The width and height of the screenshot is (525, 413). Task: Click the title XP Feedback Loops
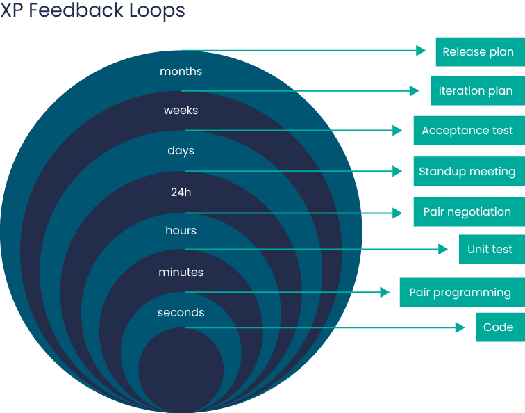click(x=92, y=11)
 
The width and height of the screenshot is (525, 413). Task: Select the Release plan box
click(x=479, y=51)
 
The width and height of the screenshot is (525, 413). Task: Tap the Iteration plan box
click(x=476, y=91)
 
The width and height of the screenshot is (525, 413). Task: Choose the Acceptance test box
click(x=468, y=131)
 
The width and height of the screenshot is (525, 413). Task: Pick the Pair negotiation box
click(x=468, y=212)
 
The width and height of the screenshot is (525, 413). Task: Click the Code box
click(x=499, y=327)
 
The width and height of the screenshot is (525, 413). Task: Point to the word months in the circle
click(x=181, y=71)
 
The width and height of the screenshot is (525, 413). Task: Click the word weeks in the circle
click(x=181, y=111)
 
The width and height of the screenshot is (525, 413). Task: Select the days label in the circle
click(x=181, y=151)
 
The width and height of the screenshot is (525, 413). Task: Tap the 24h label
click(x=181, y=192)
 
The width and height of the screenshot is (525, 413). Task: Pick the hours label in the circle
click(x=181, y=230)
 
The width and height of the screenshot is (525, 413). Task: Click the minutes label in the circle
click(x=181, y=272)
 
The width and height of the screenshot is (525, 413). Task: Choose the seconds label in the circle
click(x=181, y=313)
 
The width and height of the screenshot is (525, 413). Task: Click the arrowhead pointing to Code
click(x=460, y=327)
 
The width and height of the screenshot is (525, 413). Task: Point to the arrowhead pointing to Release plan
click(x=420, y=51)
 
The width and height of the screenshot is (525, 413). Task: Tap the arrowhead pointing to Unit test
click(x=443, y=249)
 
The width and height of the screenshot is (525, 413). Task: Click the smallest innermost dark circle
click(x=181, y=369)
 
